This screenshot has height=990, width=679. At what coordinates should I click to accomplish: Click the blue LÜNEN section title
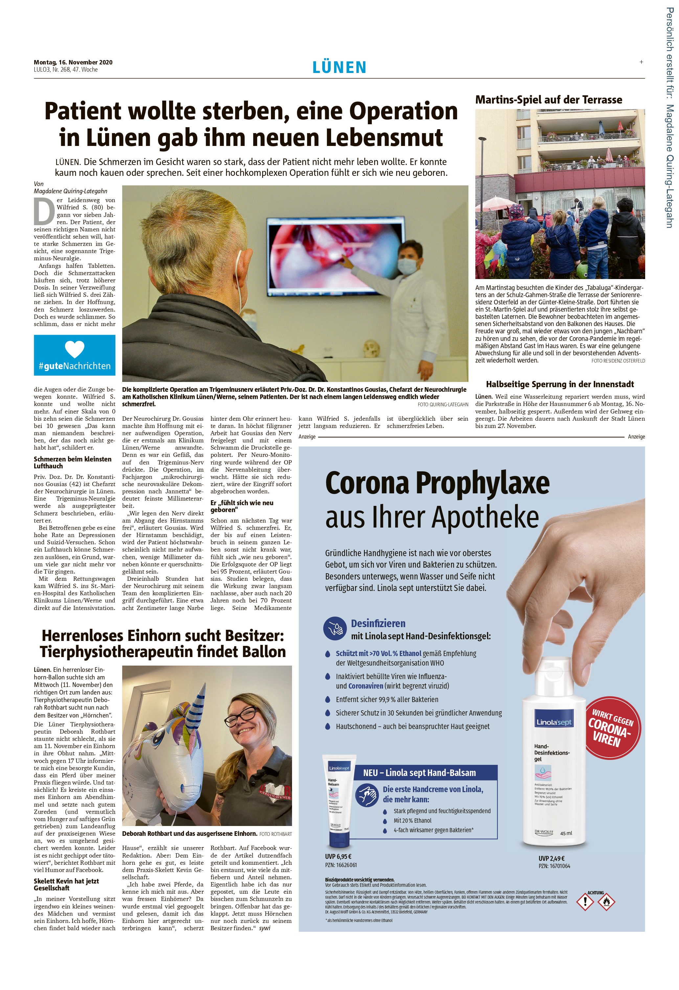click(339, 67)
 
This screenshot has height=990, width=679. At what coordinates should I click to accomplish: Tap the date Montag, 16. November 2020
click(73, 62)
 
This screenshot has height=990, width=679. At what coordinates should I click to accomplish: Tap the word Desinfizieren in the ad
click(378, 624)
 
